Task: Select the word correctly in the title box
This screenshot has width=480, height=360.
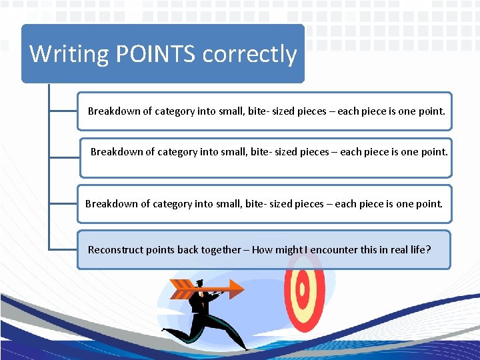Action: tap(249, 53)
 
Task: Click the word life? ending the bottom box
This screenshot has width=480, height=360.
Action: tap(420, 250)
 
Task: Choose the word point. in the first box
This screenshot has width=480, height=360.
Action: tap(431, 111)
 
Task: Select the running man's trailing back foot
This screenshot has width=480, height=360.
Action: tap(166, 330)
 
